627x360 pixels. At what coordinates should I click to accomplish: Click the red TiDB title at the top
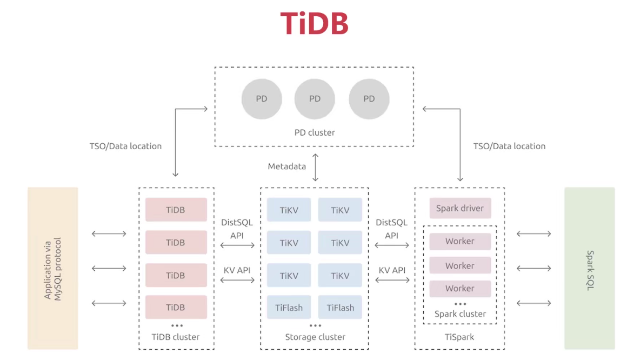point(314,23)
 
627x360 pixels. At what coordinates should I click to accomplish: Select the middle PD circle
point(315,99)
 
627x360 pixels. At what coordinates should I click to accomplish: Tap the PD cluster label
point(315,132)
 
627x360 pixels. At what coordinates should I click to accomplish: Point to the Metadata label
point(287,166)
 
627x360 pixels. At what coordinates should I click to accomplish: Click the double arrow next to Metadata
point(316,167)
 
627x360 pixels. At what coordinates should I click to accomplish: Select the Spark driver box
point(460,208)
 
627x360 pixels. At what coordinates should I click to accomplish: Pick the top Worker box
point(460,241)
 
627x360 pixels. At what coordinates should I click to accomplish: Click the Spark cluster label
point(460,314)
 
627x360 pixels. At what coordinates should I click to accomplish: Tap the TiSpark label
point(459,337)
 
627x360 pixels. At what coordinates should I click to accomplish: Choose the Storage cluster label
point(315,337)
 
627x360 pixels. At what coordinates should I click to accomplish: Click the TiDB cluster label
point(176,337)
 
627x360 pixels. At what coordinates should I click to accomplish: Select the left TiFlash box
point(289,308)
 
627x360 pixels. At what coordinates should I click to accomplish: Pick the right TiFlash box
point(340,308)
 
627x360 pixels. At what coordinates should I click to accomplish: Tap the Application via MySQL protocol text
point(53,269)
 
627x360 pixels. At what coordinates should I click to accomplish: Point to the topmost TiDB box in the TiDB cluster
point(176,210)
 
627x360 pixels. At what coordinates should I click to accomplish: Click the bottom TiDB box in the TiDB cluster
point(176,307)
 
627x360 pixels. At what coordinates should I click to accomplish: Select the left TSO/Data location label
point(125,146)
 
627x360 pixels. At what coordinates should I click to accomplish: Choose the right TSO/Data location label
point(509,146)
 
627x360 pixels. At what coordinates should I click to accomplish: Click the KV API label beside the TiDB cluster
point(237,270)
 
